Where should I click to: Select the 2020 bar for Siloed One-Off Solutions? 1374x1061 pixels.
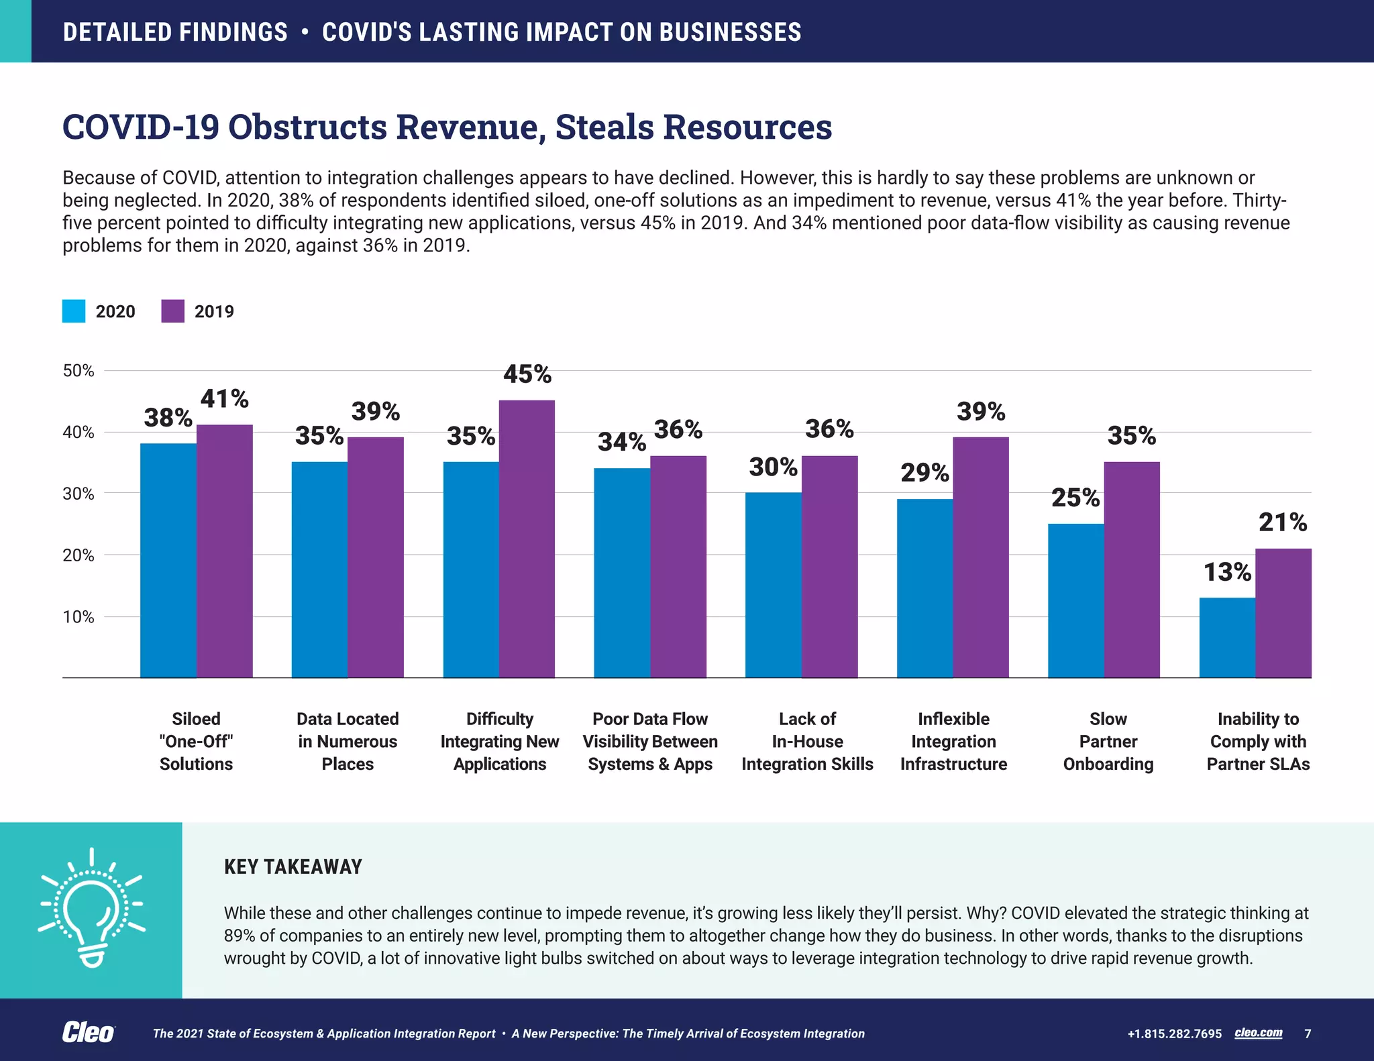point(168,560)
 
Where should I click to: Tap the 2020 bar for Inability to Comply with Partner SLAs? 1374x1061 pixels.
point(1227,637)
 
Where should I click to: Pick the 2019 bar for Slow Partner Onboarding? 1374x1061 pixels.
point(1132,569)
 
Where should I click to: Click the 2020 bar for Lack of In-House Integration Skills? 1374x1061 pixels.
point(774,585)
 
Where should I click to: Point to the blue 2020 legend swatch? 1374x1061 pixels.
point(74,311)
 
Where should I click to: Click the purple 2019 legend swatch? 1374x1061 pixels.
point(173,311)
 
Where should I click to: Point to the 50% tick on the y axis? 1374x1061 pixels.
point(78,371)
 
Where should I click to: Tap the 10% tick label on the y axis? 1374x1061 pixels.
point(78,617)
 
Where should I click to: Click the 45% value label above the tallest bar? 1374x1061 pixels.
point(527,374)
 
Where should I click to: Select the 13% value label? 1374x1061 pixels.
point(1227,572)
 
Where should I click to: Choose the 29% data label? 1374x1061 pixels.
point(924,473)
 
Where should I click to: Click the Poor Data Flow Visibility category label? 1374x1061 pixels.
point(650,741)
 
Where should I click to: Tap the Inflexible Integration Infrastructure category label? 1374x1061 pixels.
point(953,741)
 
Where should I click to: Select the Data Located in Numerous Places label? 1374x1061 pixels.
point(348,741)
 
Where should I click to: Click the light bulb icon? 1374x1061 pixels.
point(91,909)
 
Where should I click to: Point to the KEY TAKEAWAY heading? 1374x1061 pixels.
point(293,867)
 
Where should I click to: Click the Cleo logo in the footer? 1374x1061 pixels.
point(89,1033)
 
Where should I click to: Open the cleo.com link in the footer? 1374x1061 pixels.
point(1258,1033)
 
